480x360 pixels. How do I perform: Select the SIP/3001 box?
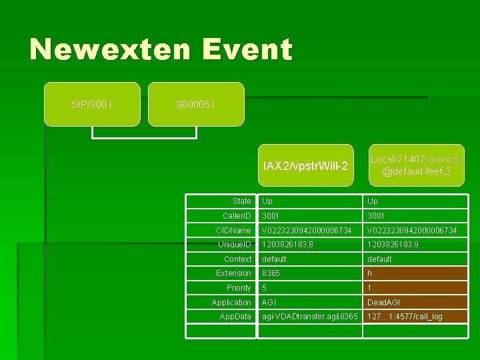click(92, 105)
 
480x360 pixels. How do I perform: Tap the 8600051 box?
click(196, 105)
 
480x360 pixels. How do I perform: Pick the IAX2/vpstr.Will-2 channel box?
click(305, 165)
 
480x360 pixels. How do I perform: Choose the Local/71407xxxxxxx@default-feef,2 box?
click(416, 165)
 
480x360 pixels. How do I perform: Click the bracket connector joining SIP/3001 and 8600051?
click(144, 137)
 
